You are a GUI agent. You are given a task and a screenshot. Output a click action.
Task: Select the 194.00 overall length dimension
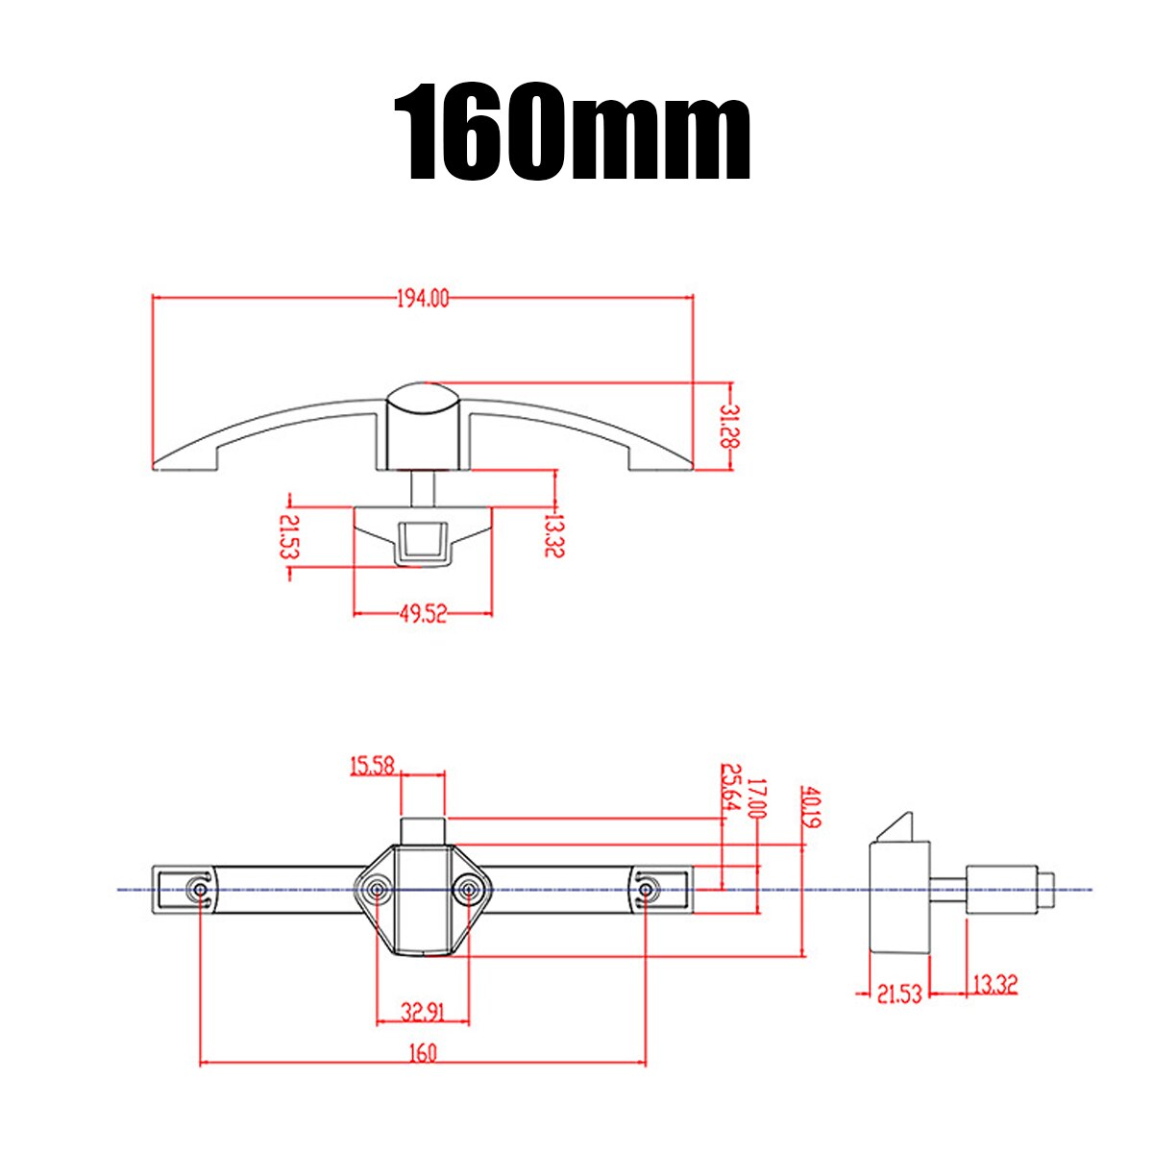click(423, 299)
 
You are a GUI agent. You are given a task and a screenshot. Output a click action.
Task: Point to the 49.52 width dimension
click(423, 615)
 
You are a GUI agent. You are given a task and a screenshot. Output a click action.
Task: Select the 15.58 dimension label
click(372, 766)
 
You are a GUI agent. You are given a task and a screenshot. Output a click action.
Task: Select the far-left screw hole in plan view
click(200, 891)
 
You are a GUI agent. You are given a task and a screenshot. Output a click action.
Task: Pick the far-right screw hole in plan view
click(645, 891)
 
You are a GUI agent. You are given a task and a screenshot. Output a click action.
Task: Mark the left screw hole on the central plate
click(378, 891)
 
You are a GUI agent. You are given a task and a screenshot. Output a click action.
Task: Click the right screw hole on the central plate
click(468, 891)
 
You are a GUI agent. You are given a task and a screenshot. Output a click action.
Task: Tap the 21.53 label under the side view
click(898, 993)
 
